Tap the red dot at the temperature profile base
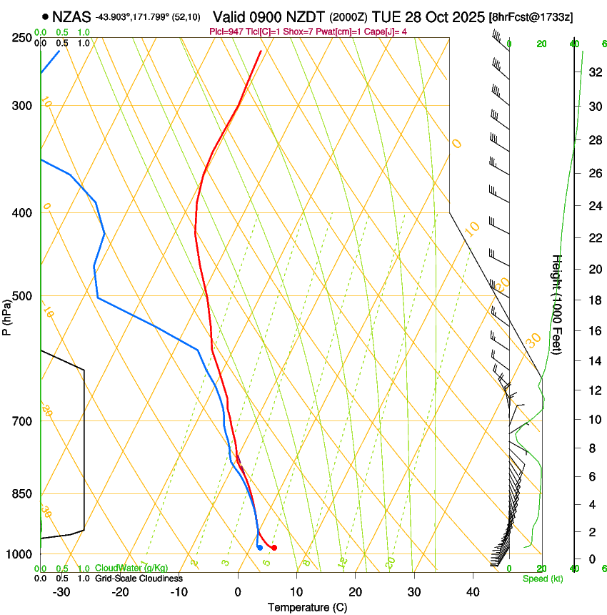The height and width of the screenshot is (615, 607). pyautogui.click(x=274, y=548)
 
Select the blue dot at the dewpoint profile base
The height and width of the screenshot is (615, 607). pyautogui.click(x=259, y=548)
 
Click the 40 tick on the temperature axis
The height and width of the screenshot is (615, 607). pyautogui.click(x=472, y=591)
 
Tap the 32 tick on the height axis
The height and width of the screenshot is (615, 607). pyautogui.click(x=593, y=72)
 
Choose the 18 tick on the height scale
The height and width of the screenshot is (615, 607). pyautogui.click(x=593, y=300)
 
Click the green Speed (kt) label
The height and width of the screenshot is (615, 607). pyautogui.click(x=542, y=579)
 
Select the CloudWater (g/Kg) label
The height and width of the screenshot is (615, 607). pyautogui.click(x=131, y=568)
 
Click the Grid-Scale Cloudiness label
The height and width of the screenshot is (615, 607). pyautogui.click(x=139, y=578)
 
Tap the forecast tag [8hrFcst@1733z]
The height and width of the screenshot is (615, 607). pyautogui.click(x=531, y=16)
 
